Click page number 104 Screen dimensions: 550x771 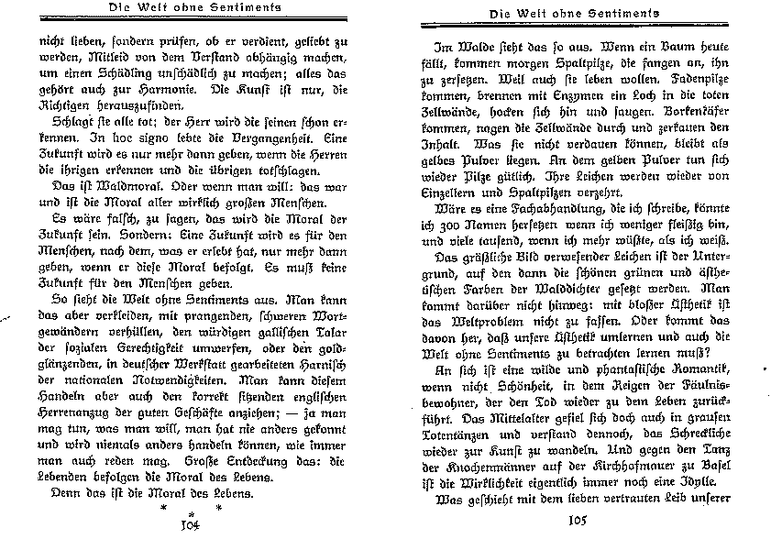coord(190,525)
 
